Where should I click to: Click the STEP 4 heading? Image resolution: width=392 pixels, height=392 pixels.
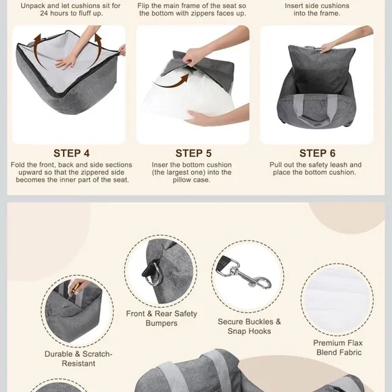coord(71,153)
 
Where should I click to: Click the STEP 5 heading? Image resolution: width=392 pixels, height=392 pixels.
coord(193,153)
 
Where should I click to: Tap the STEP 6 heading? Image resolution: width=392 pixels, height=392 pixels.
coord(317,153)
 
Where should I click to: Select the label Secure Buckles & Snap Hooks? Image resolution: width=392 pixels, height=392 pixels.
coord(249,326)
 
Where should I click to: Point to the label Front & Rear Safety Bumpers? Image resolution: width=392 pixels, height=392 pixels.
coord(162,318)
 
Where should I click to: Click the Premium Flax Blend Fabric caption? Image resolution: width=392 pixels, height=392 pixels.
coord(338,347)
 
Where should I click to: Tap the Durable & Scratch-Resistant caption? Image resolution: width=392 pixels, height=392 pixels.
coord(78,358)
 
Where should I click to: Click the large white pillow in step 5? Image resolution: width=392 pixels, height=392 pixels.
coord(193,101)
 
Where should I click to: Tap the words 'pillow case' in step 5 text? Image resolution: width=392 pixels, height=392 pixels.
coord(193,180)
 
